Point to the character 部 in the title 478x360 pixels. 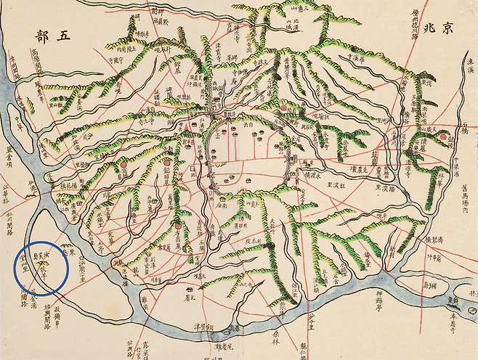pyautogui.click(x=42, y=34)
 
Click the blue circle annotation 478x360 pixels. pyautogui.click(x=41, y=269)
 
